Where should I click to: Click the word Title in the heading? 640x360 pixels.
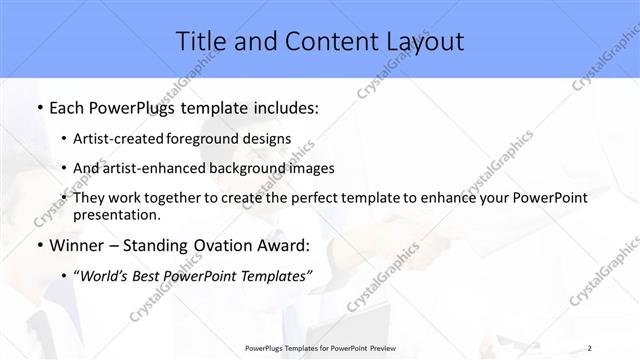[200, 42]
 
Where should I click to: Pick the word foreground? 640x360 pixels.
[210, 138]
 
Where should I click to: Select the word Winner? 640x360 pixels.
[77, 245]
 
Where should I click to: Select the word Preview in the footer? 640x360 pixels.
[379, 348]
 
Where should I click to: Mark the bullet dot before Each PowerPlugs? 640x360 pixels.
[39, 107]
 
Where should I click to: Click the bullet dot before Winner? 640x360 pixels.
[39, 245]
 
